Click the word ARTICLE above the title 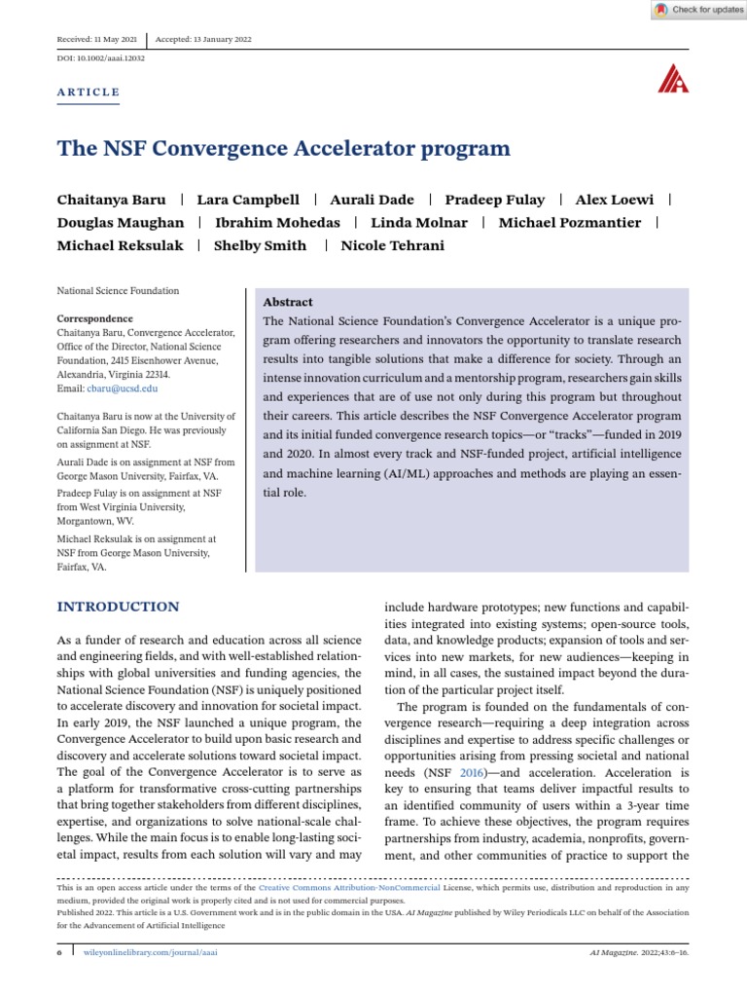pos(89,92)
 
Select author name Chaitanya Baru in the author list pos(112,199)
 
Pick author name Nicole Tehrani pos(392,245)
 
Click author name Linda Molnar pos(419,222)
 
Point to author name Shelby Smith pos(260,245)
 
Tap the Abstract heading pos(288,302)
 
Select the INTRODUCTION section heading pos(118,607)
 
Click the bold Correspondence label pos(95,318)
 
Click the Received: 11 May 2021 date pos(98,39)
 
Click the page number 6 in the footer pos(59,951)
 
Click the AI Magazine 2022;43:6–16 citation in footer pos(639,951)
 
